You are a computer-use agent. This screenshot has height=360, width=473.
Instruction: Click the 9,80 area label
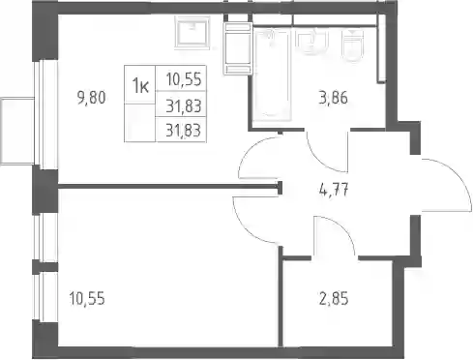(92, 98)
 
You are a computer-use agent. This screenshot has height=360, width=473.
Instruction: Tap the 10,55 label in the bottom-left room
(87, 298)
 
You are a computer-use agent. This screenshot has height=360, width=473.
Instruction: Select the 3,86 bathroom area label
(334, 98)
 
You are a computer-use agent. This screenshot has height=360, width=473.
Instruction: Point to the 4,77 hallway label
(334, 190)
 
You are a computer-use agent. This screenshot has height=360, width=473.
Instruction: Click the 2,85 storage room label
(334, 298)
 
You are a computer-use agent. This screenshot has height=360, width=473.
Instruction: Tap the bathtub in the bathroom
(272, 75)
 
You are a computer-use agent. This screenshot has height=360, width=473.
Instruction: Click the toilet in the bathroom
(353, 45)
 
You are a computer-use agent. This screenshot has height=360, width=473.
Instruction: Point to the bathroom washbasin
(311, 42)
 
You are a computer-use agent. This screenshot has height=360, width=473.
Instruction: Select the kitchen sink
(192, 32)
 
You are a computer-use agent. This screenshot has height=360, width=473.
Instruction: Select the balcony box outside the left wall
(17, 131)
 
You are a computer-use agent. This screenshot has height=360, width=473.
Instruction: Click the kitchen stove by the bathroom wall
(238, 48)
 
